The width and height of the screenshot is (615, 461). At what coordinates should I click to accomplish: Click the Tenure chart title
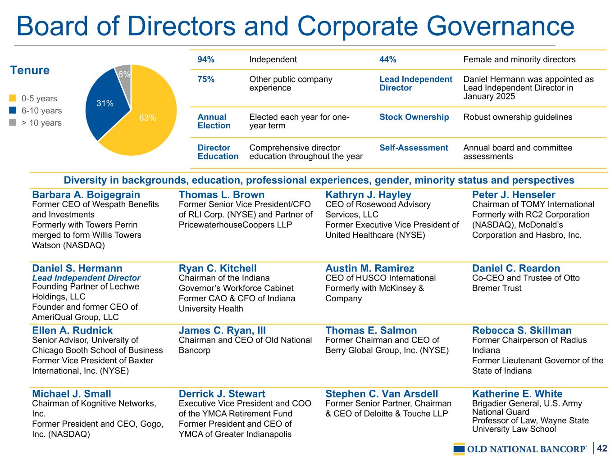pyautogui.click(x=30, y=71)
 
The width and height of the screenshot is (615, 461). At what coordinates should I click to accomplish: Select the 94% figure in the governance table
pyautogui.click(x=206, y=59)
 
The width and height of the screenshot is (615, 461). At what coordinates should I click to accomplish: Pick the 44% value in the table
pyautogui.click(x=388, y=59)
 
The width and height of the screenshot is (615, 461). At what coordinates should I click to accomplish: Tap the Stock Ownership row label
pyautogui.click(x=414, y=117)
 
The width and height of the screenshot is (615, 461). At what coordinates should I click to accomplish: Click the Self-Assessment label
pyautogui.click(x=414, y=148)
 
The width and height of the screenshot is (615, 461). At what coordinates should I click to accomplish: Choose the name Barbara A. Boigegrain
pyautogui.click(x=86, y=195)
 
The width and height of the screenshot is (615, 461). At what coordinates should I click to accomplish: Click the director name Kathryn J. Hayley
pyautogui.click(x=368, y=195)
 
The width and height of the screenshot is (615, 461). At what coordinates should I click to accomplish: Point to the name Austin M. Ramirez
pyautogui.click(x=369, y=269)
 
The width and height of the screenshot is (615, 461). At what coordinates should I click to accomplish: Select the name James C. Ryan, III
pyautogui.click(x=222, y=331)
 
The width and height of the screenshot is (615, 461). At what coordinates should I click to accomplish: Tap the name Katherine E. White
pyautogui.click(x=517, y=394)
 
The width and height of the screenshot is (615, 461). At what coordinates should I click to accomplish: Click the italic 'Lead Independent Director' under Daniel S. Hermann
pyautogui.click(x=86, y=278)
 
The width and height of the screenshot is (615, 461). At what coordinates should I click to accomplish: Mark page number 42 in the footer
pyautogui.click(x=602, y=448)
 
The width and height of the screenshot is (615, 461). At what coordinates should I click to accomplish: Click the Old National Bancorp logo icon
pyautogui.click(x=459, y=449)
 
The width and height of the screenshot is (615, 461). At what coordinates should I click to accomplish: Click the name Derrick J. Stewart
pyautogui.click(x=222, y=394)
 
